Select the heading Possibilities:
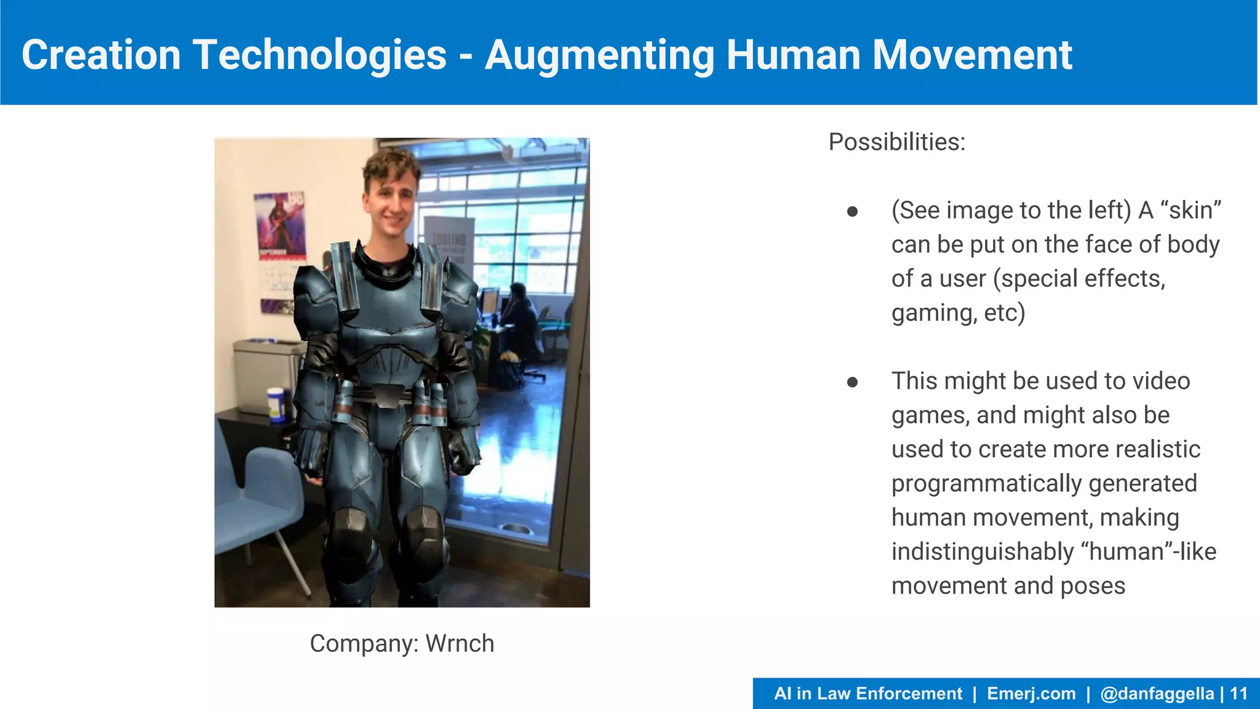pyautogui.click(x=896, y=142)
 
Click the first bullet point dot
pyautogui.click(x=852, y=212)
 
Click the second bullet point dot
pyautogui.click(x=852, y=382)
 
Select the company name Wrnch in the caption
pyautogui.click(x=460, y=644)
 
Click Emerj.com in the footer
pyautogui.click(x=1031, y=694)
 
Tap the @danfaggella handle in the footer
pyautogui.click(x=1157, y=694)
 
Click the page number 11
pyautogui.click(x=1238, y=694)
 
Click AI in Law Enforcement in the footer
pyautogui.click(x=867, y=694)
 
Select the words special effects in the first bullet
pyautogui.click(x=1083, y=279)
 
